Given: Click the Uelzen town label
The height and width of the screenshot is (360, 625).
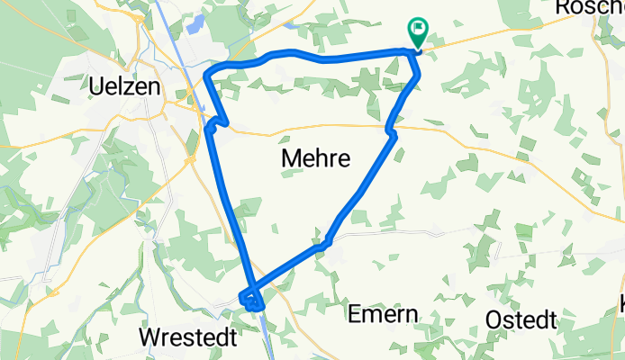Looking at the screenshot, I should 125,87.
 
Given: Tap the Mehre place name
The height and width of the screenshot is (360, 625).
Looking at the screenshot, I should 315,158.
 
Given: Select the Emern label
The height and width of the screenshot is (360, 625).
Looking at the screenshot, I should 384,315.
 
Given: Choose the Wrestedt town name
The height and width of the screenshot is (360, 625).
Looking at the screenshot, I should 187,337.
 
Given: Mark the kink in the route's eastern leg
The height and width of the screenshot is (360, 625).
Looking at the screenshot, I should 391,132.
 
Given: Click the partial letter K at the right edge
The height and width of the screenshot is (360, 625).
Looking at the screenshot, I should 620,304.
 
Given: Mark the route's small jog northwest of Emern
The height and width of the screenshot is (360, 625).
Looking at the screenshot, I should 323,241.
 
